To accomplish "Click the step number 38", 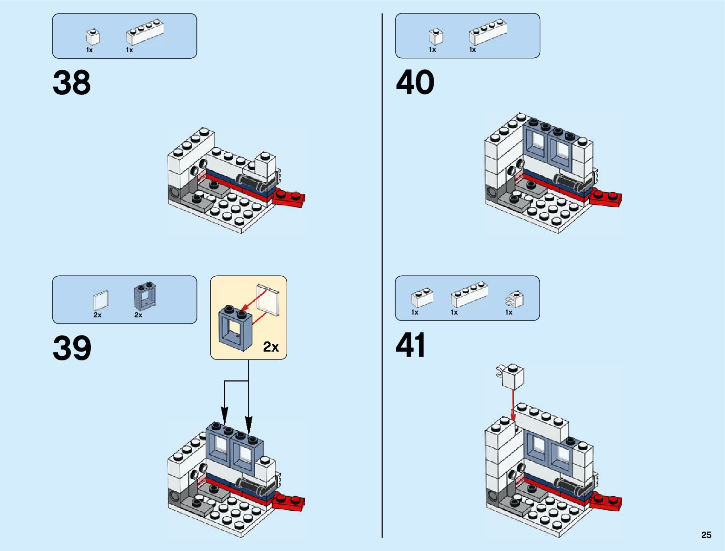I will [72, 83].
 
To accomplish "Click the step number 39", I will [72, 348].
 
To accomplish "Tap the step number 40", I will [415, 83].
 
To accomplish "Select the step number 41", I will [410, 345].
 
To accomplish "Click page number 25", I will [706, 535].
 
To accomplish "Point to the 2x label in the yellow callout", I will [271, 347].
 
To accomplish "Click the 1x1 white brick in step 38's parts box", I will [92, 37].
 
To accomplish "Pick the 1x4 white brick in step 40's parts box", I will [488, 31].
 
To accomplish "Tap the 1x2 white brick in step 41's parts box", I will [422, 298].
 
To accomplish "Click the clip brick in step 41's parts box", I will [515, 299].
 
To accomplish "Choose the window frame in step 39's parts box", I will [145, 296].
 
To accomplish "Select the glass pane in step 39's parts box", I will [101, 301].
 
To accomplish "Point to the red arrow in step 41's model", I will [513, 405].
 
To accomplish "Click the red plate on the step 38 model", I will [289, 198].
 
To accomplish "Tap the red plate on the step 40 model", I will [606, 198].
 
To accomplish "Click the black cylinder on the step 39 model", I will [253, 486].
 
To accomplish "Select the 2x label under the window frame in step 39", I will [138, 315].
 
